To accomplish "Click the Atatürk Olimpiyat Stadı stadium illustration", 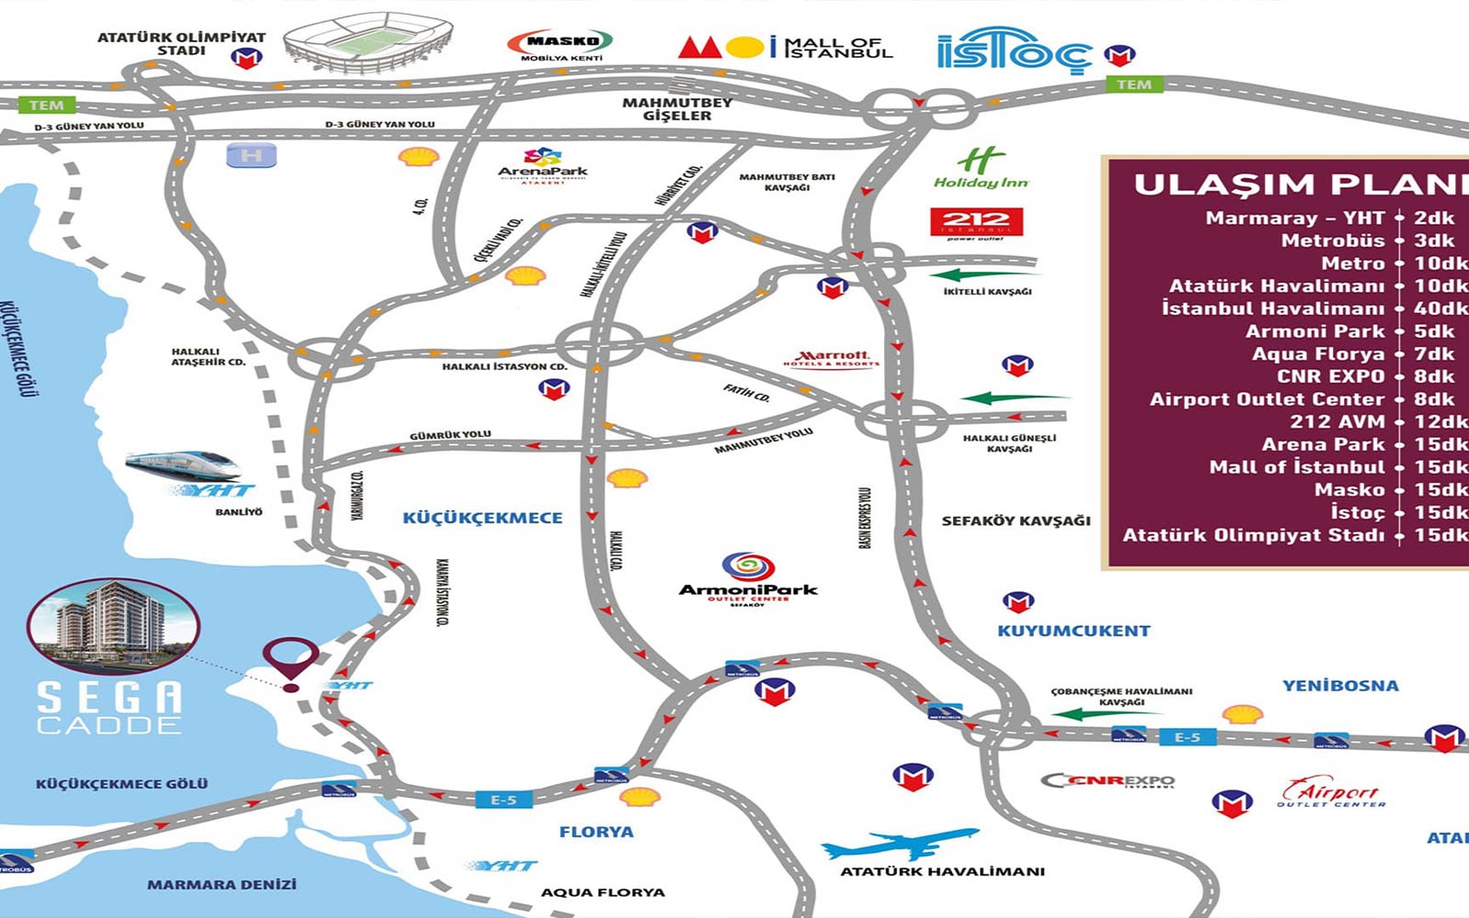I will click(368, 42).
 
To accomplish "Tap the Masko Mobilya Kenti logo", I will click(561, 43).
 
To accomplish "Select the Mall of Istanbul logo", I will click(786, 47).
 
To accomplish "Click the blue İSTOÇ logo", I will click(1014, 50).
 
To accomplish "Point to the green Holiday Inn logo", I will click(981, 169).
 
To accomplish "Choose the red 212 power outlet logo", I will click(976, 223).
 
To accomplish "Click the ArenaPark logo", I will click(543, 166).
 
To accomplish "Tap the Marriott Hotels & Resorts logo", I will click(832, 358).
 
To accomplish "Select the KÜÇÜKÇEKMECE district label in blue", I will click(483, 518).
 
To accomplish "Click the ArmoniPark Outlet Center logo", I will click(747, 578).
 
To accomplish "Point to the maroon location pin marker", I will click(291, 661).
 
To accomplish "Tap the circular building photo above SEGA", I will click(113, 626).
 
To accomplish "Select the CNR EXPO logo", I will click(1108, 781).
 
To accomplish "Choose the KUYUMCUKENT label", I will click(1073, 631).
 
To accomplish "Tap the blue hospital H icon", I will click(251, 156).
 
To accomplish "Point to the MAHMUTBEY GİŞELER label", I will click(678, 109).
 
